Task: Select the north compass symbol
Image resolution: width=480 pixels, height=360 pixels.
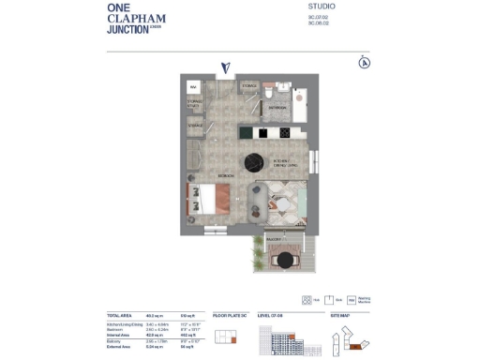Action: (x=363, y=63)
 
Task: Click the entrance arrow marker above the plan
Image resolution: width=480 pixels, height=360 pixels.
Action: (x=226, y=67)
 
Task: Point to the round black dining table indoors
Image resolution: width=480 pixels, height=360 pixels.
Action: (x=254, y=163)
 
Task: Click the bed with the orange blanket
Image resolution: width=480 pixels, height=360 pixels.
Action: (x=215, y=199)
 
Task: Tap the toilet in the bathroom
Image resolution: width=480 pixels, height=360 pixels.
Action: (x=269, y=94)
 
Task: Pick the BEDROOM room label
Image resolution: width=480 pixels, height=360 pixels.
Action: (x=226, y=175)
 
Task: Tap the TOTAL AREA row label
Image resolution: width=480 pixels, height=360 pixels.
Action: (x=120, y=316)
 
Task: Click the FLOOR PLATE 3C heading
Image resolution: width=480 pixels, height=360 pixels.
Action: (x=228, y=316)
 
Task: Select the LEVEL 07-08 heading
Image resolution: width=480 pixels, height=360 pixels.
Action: (x=270, y=316)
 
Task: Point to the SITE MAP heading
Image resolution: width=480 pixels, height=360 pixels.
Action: (x=339, y=316)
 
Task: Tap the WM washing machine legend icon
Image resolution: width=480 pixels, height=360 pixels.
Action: (x=352, y=301)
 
